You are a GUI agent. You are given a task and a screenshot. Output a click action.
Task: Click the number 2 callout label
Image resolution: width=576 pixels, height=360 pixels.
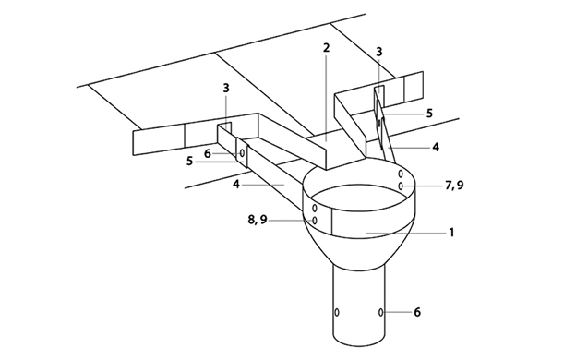[326, 48]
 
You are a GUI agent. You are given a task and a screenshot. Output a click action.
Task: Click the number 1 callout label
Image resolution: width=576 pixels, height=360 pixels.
[451, 233]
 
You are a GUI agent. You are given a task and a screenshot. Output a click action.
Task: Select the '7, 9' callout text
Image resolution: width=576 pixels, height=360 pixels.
[454, 186]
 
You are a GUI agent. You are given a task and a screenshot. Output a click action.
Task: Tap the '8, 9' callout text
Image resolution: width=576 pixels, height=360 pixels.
[258, 220]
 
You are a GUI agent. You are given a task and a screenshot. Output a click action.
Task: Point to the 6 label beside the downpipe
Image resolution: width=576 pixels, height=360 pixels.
[417, 312]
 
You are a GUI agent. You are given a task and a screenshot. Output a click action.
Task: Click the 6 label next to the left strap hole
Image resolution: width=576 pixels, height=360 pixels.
[208, 153]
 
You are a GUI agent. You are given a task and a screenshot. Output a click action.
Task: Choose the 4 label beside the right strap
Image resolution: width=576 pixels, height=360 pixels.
[436, 148]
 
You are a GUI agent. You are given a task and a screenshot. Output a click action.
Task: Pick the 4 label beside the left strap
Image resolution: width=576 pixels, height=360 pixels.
[236, 185]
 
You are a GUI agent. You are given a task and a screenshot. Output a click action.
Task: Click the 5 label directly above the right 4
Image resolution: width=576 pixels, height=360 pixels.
[429, 114]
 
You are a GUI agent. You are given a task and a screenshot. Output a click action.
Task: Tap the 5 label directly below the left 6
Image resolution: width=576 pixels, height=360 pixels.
[189, 161]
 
